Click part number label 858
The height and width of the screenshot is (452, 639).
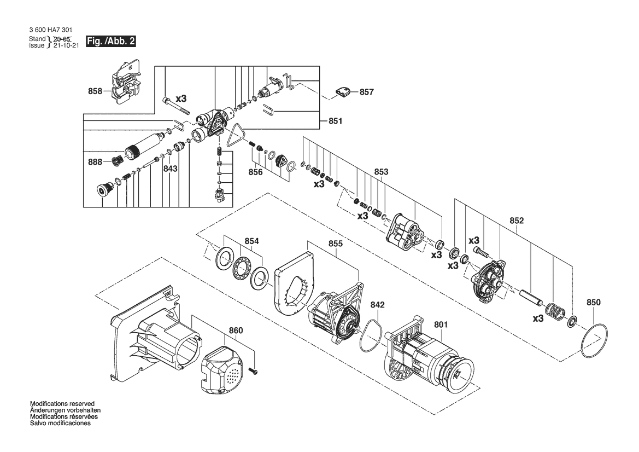tap(95, 91)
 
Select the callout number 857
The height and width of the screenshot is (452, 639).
tap(366, 92)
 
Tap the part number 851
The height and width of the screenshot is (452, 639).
tap(336, 121)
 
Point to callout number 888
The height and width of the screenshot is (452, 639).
tap(95, 162)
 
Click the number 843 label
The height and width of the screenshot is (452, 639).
tap(171, 169)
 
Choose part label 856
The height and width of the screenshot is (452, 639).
tap(255, 172)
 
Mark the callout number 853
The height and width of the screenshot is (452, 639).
tap(381, 172)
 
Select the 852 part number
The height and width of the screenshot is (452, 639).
tap(517, 221)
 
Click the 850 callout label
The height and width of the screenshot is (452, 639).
tap(594, 302)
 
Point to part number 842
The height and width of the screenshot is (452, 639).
tap(377, 305)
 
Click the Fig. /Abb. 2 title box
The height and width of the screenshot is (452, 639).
tap(110, 41)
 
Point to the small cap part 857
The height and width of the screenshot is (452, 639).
tap(343, 92)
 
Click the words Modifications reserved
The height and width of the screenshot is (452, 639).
tap(62, 404)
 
